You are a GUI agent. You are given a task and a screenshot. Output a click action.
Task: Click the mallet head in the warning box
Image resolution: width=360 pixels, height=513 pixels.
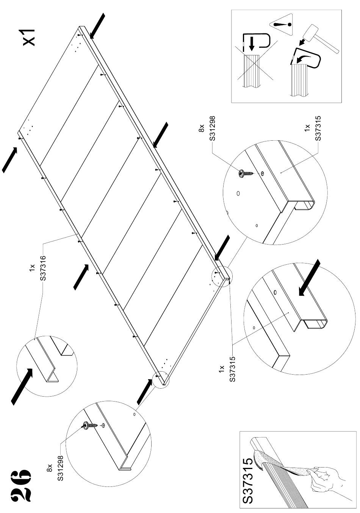(310, 34)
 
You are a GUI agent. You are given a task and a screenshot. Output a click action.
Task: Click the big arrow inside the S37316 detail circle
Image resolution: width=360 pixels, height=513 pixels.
(22, 386)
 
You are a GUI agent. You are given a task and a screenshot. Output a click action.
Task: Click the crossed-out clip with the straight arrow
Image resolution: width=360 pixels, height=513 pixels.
(255, 42)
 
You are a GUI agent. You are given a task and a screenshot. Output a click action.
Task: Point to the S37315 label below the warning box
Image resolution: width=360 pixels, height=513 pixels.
(318, 128)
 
